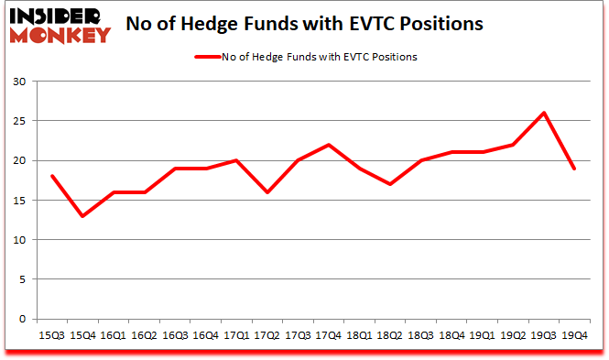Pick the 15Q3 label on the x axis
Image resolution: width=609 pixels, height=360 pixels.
[x=52, y=335]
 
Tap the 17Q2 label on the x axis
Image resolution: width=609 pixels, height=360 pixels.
[x=266, y=335]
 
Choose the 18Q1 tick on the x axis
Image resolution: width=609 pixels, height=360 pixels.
[x=360, y=335]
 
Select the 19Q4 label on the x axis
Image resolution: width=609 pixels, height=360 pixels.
[x=575, y=335]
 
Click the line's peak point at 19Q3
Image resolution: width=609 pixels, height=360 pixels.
[x=544, y=113]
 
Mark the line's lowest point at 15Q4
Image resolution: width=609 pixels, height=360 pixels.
[x=83, y=216]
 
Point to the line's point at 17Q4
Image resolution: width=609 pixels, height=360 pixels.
[x=329, y=145]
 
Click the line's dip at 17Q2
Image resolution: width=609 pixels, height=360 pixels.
[x=266, y=192]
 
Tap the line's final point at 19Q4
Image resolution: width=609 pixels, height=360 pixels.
[x=575, y=169]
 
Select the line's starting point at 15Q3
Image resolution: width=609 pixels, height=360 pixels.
[x=52, y=176]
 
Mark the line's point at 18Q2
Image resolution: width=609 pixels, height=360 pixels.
[x=390, y=184]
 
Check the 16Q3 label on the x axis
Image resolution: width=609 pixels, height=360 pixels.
[x=175, y=335]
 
